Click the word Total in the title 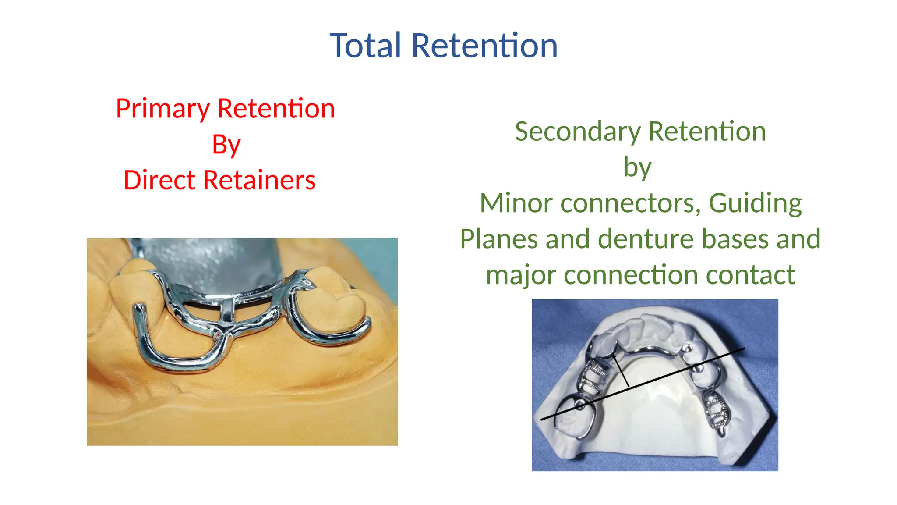point(365,46)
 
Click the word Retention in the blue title point(484,46)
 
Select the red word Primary point(163,109)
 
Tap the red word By point(226,145)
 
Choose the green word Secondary point(578,132)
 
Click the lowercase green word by point(637,167)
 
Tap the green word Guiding point(755,203)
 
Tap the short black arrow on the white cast point(621,370)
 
